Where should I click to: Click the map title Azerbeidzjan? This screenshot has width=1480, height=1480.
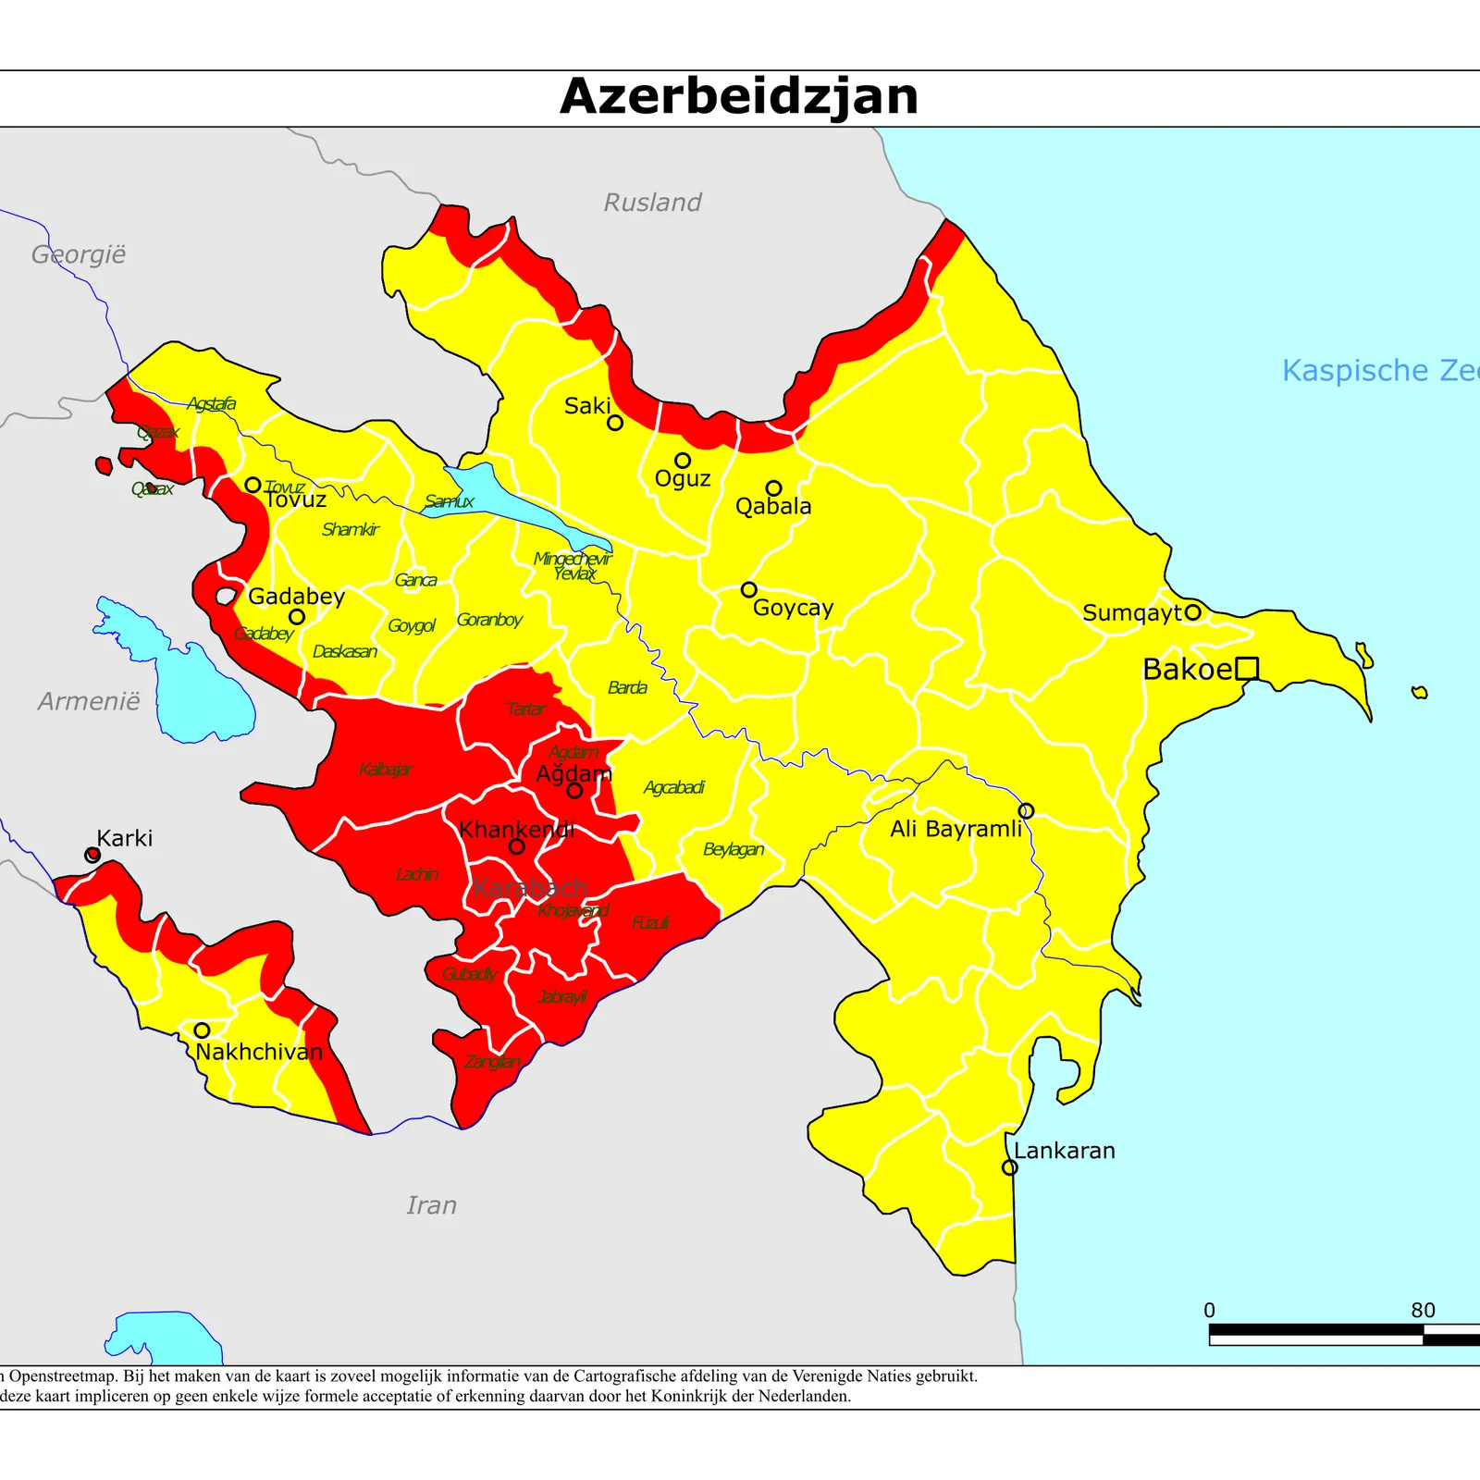pos(739,97)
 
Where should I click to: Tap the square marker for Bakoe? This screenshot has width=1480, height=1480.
pos(1247,668)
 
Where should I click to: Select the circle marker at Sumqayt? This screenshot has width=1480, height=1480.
pos(1193,611)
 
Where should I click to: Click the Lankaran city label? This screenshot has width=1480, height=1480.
pos(1064,1151)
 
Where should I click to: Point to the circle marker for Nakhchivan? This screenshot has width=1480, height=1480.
pos(202,1030)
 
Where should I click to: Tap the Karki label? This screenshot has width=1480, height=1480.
pos(124,839)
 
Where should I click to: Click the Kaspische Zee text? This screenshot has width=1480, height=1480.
pos(1378,371)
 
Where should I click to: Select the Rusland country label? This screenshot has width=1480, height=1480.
pos(652,203)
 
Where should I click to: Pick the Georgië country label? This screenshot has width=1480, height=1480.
pos(78,254)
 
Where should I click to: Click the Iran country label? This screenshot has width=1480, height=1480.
pos(431,1205)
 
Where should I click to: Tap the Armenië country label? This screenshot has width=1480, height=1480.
pos(89,702)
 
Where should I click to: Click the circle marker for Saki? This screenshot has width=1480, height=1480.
pos(615,423)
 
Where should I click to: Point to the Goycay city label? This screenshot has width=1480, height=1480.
pos(793,608)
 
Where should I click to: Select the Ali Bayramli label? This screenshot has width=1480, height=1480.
pos(956,829)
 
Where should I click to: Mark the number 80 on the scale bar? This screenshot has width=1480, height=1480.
pos(1423,1310)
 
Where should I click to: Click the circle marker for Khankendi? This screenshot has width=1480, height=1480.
pos(517,846)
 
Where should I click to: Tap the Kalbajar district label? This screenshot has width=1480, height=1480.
pos(386,770)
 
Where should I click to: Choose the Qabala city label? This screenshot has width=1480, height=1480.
pos(773,507)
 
